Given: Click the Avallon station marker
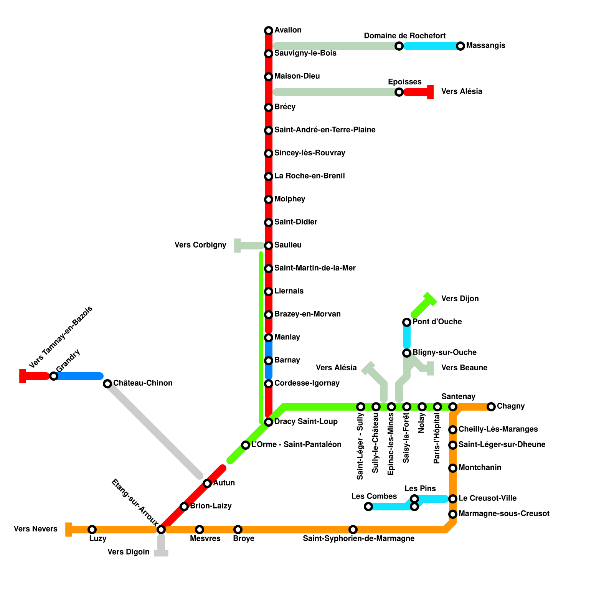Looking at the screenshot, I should [x=269, y=31].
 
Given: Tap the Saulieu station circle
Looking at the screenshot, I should [x=269, y=246].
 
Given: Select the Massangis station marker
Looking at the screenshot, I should [x=460, y=46].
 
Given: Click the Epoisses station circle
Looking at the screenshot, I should [x=399, y=92].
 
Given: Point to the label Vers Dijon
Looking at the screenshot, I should [x=460, y=299].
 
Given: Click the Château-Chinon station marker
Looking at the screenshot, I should [x=107, y=384].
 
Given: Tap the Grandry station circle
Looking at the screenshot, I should [x=54, y=376].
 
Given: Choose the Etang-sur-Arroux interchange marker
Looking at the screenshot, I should [x=161, y=530].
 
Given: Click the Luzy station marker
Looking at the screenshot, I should [x=92, y=530].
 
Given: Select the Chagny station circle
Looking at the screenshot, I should [x=491, y=407].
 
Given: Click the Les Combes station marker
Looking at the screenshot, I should [x=368, y=507].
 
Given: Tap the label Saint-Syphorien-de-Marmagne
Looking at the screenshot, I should [x=358, y=539].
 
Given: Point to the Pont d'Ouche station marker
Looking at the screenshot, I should [x=407, y=322].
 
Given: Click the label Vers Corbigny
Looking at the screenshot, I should [x=200, y=245].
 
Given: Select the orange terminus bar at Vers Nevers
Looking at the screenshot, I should [x=69, y=530].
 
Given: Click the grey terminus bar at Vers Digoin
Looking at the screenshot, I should [x=161, y=553].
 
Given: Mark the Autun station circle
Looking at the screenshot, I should [x=207, y=484].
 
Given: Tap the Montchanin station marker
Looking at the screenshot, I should [x=453, y=468].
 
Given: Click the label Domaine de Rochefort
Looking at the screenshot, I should [x=404, y=36].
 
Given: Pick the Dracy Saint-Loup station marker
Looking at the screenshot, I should [x=269, y=422].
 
